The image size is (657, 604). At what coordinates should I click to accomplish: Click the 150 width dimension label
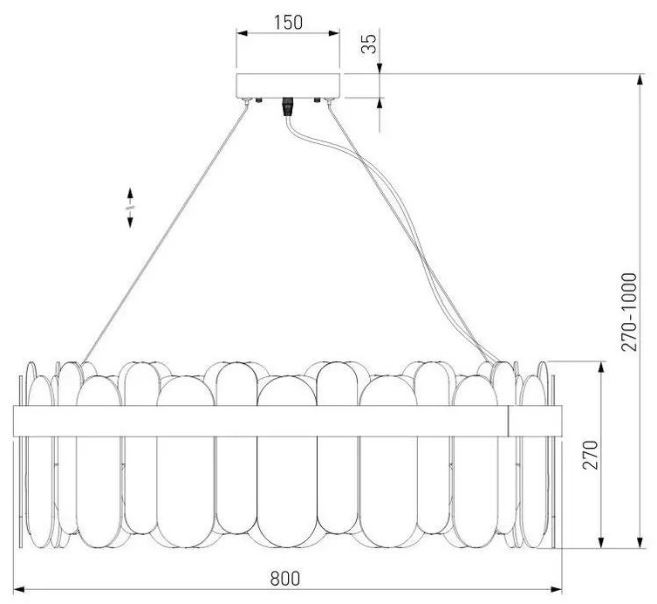[288, 22]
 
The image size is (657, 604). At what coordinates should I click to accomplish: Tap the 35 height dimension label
[369, 43]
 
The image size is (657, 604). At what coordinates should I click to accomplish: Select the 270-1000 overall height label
[629, 312]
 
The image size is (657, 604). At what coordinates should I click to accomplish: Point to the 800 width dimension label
[285, 579]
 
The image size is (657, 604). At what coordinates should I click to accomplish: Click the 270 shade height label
[591, 455]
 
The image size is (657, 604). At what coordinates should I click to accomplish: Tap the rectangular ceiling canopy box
[288, 86]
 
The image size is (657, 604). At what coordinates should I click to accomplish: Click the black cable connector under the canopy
[287, 106]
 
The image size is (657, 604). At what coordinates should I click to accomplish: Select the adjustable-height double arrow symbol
[130, 208]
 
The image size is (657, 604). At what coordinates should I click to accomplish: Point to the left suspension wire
[165, 232]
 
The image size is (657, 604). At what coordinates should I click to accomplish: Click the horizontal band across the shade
[287, 421]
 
